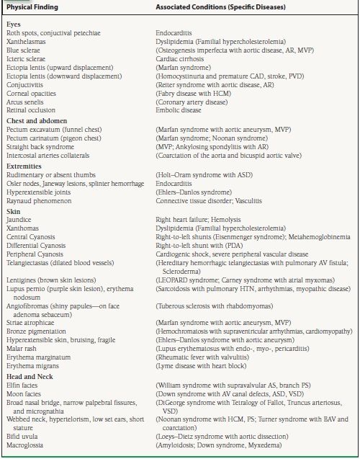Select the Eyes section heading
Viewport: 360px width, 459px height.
click(x=14, y=24)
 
